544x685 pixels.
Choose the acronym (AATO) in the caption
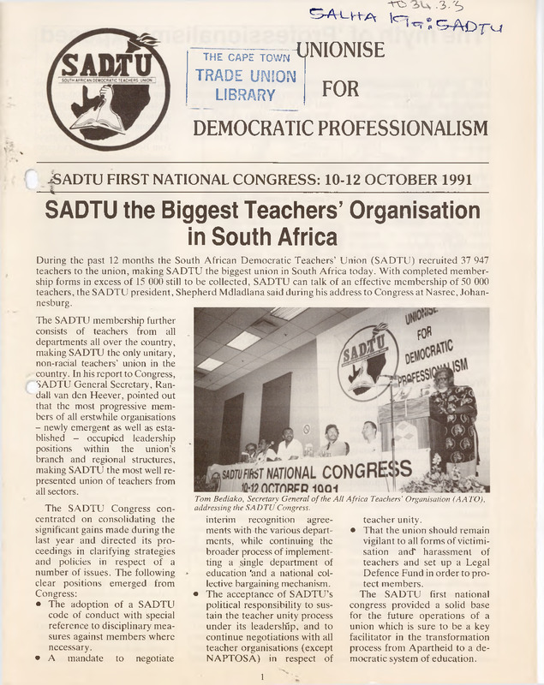pyautogui.click(x=469, y=498)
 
